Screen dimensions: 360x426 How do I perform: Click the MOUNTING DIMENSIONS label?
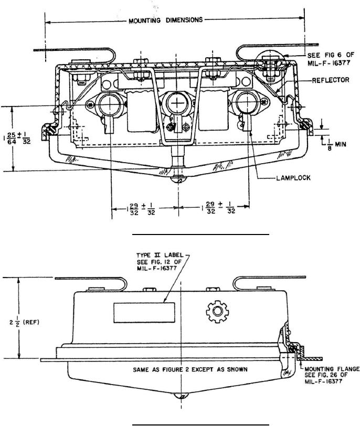pyautogui.click(x=165, y=20)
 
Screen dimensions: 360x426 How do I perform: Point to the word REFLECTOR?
pyautogui.click(x=331, y=80)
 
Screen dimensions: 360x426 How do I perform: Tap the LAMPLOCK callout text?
pyautogui.click(x=293, y=178)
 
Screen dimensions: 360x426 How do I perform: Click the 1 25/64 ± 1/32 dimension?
pyautogui.click(x=17, y=138)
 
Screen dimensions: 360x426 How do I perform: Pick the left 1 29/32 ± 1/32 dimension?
pyautogui.click(x=141, y=209)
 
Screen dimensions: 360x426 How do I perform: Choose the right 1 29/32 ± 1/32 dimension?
pyautogui.click(x=218, y=208)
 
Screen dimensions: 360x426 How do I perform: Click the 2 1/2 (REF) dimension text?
pyautogui.click(x=25, y=323)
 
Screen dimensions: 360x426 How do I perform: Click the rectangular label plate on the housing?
pyautogui.click(x=144, y=313)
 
